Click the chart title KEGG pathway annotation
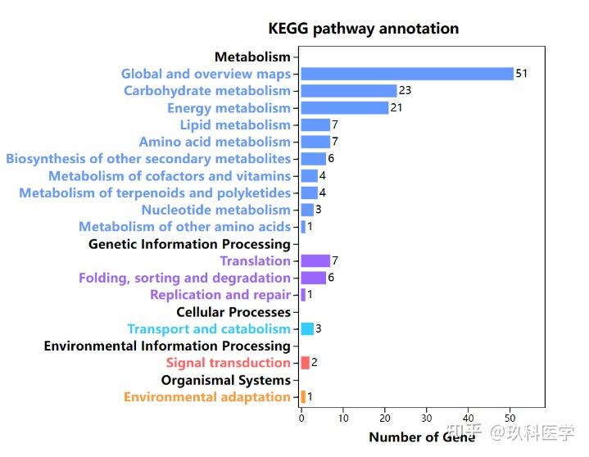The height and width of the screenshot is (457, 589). click(x=363, y=29)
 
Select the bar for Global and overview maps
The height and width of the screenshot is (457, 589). click(x=406, y=74)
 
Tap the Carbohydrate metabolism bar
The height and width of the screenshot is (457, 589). click(x=348, y=91)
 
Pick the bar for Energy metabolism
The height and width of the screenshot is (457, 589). click(x=344, y=108)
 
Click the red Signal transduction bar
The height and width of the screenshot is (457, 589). click(x=305, y=363)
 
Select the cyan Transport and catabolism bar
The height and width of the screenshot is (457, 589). click(x=307, y=328)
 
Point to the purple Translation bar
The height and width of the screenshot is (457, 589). click(x=315, y=260)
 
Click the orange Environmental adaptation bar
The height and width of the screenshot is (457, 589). click(x=303, y=396)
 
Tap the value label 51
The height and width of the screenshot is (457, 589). click(x=522, y=74)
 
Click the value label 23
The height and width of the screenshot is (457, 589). click(x=405, y=91)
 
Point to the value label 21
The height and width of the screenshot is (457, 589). click(x=396, y=108)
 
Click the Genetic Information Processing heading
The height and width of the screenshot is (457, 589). click(x=189, y=244)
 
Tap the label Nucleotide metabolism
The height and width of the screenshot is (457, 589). click(x=215, y=210)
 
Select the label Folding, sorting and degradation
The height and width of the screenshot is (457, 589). click(x=184, y=278)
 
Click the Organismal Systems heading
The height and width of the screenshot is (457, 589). click(x=225, y=380)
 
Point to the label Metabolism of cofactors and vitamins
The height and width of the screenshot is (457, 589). click(x=169, y=176)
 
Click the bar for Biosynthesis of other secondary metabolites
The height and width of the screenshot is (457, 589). click(x=313, y=159)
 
